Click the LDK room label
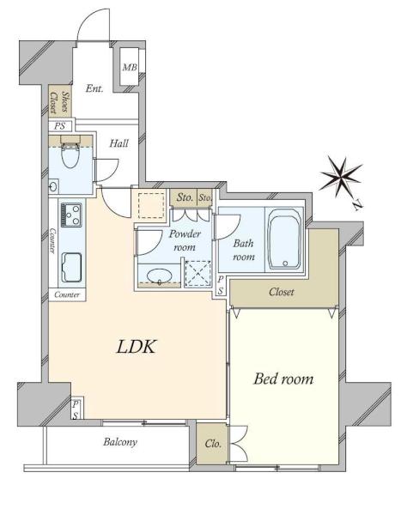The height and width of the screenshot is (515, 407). click(137, 347)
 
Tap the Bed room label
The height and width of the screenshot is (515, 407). click(283, 379)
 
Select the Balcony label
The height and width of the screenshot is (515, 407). click(120, 442)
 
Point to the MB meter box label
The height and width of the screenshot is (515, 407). click(130, 67)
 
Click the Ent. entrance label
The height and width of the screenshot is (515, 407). click(94, 88)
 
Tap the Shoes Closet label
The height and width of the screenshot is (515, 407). click(60, 102)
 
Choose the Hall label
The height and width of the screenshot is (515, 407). click(118, 143)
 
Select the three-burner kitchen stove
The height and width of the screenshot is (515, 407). click(70, 215)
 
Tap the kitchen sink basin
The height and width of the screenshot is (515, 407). click(71, 267)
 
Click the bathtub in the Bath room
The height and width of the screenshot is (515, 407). click(284, 239)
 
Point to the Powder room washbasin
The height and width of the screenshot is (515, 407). click(159, 276)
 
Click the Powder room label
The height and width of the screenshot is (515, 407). click(185, 240)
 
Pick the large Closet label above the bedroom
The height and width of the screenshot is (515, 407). click(281, 292)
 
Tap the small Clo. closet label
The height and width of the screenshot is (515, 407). click(213, 444)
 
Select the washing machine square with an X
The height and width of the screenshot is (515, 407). click(197, 274)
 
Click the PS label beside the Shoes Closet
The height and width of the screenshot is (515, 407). click(59, 126)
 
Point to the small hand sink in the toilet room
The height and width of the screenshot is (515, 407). click(53, 187)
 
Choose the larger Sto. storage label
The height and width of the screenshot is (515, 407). click(185, 197)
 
